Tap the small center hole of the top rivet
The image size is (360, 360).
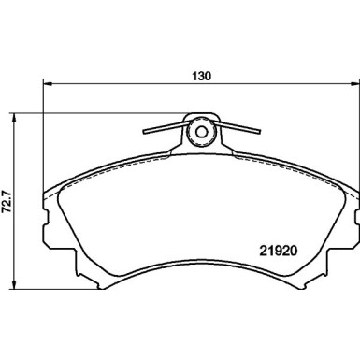pos(199,132)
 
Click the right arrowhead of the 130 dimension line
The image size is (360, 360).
pos(352,84)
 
